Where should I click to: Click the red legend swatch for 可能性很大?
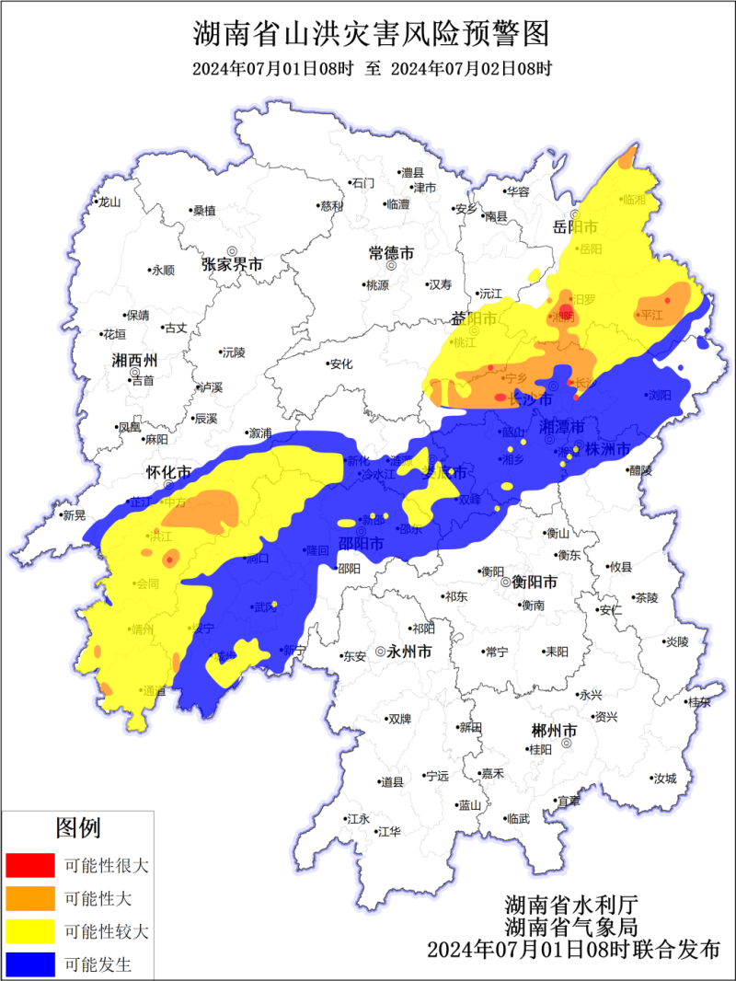pyautogui.click(x=29, y=866)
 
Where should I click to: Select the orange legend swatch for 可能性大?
pyautogui.click(x=29, y=899)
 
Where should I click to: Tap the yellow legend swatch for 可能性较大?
pyautogui.click(x=29, y=932)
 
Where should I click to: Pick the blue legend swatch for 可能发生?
pyautogui.click(x=29, y=965)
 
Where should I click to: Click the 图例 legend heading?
pyautogui.click(x=78, y=828)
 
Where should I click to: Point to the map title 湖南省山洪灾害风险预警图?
pyautogui.click(x=371, y=35)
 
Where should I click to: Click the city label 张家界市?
pyautogui.click(x=232, y=265)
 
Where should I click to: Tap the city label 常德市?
pyautogui.click(x=391, y=252)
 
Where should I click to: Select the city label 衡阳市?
pyautogui.click(x=535, y=583)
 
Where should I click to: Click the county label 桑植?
pyautogui.click(x=203, y=211)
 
